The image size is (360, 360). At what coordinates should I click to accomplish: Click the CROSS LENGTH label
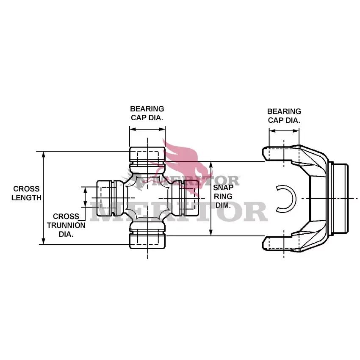click(x=26, y=193)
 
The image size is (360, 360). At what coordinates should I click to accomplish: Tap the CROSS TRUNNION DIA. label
click(x=66, y=225)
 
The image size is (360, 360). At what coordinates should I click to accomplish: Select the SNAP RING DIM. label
click(x=223, y=196)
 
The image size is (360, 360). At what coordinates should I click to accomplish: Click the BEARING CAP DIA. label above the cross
click(x=147, y=113)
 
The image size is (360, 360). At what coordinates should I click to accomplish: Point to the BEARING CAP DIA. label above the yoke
click(x=284, y=116)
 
